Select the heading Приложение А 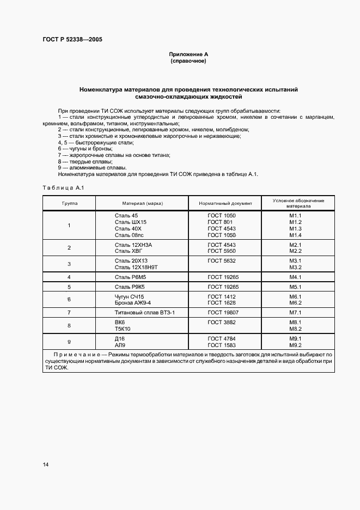pos(188,54)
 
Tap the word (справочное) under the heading pos(188,61)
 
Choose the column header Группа pos(69,203)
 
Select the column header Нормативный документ pos(225,203)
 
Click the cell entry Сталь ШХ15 pos(131,222)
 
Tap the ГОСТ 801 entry pos(220,222)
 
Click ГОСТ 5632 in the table pos(222,261)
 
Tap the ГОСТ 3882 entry pos(222,323)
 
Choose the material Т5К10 pos(123,329)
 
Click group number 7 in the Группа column pos(69,313)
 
